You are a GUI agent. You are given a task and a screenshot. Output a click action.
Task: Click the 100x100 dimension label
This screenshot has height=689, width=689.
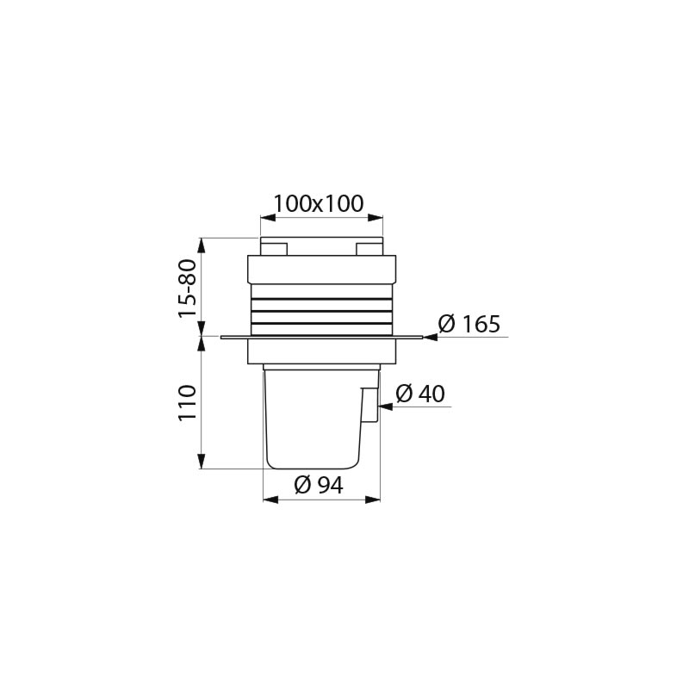tap(319, 204)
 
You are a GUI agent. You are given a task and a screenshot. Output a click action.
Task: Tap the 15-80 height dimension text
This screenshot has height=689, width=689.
tap(189, 289)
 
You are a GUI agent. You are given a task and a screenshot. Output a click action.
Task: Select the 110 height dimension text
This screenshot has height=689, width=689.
tap(189, 403)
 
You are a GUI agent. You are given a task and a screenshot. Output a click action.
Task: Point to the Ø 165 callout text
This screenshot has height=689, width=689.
tap(469, 325)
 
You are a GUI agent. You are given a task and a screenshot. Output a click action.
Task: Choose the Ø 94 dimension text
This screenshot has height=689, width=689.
tap(319, 486)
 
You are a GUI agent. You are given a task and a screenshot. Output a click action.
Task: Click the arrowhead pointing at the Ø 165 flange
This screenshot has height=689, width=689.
tap(430, 338)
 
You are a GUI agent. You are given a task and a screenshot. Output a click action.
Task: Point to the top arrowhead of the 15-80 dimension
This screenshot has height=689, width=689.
tap(201, 243)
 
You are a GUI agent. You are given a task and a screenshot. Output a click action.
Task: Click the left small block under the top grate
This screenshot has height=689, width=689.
tap(274, 248)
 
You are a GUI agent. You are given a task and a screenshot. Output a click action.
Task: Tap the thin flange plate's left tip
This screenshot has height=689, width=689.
tap(223, 338)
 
